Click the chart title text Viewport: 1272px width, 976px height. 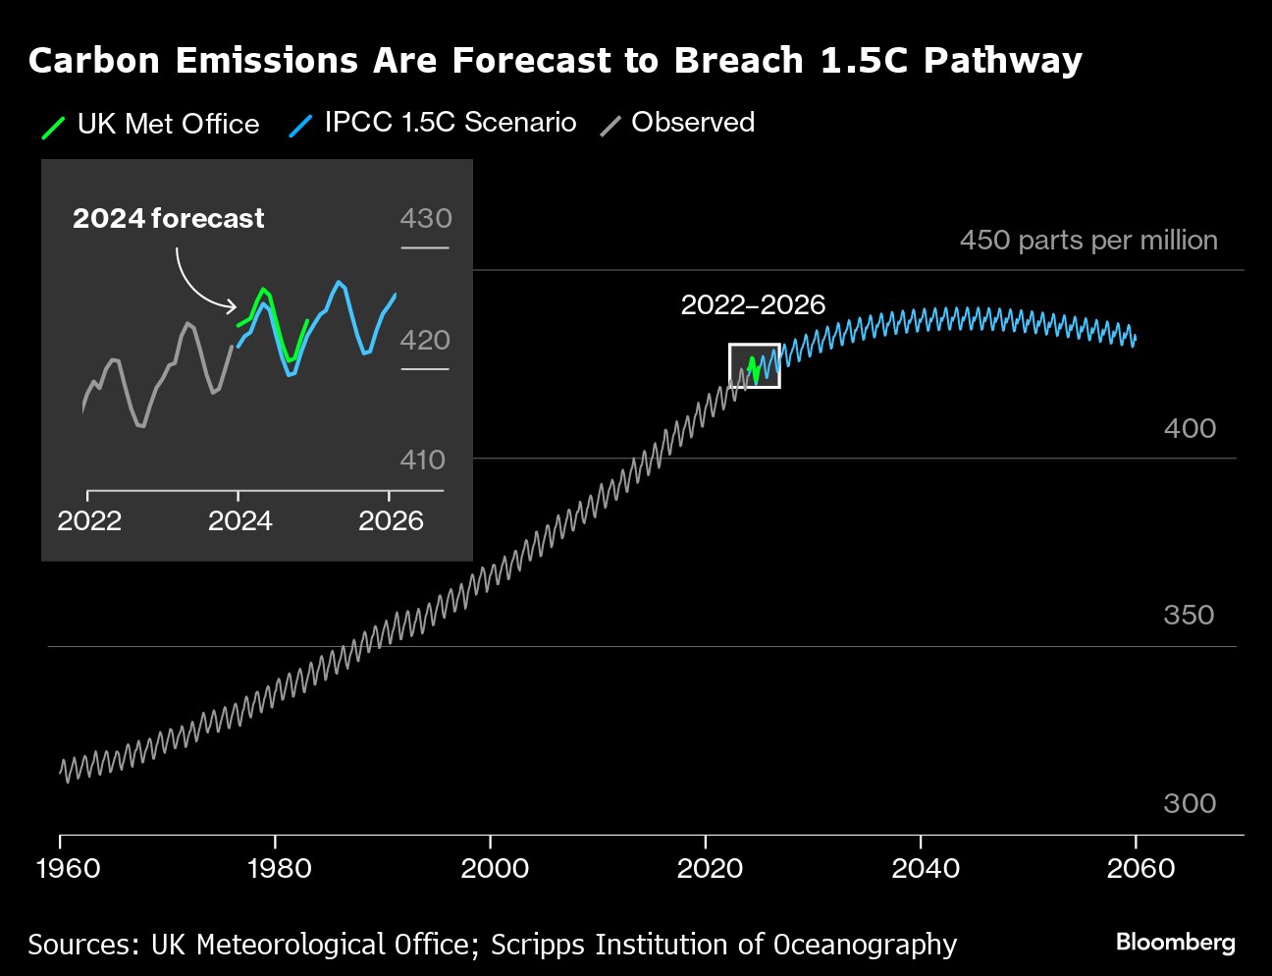[x=555, y=61]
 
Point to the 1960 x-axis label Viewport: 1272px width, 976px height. [x=68, y=868]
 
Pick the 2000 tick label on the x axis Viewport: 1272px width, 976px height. [x=496, y=868]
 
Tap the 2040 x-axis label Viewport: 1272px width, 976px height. [x=926, y=868]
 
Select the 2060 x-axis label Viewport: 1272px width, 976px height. [x=1140, y=868]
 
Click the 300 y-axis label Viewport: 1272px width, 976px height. [x=1189, y=803]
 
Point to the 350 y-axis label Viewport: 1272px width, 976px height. [x=1189, y=615]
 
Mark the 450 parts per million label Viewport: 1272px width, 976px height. [x=1088, y=241]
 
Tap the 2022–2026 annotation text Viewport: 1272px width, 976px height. [x=753, y=305]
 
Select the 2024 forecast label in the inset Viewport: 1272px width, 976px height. [x=168, y=218]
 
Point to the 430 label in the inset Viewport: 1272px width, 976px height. [x=426, y=218]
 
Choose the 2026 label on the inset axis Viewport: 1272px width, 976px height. [x=391, y=520]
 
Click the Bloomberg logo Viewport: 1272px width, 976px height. [x=1175, y=943]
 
